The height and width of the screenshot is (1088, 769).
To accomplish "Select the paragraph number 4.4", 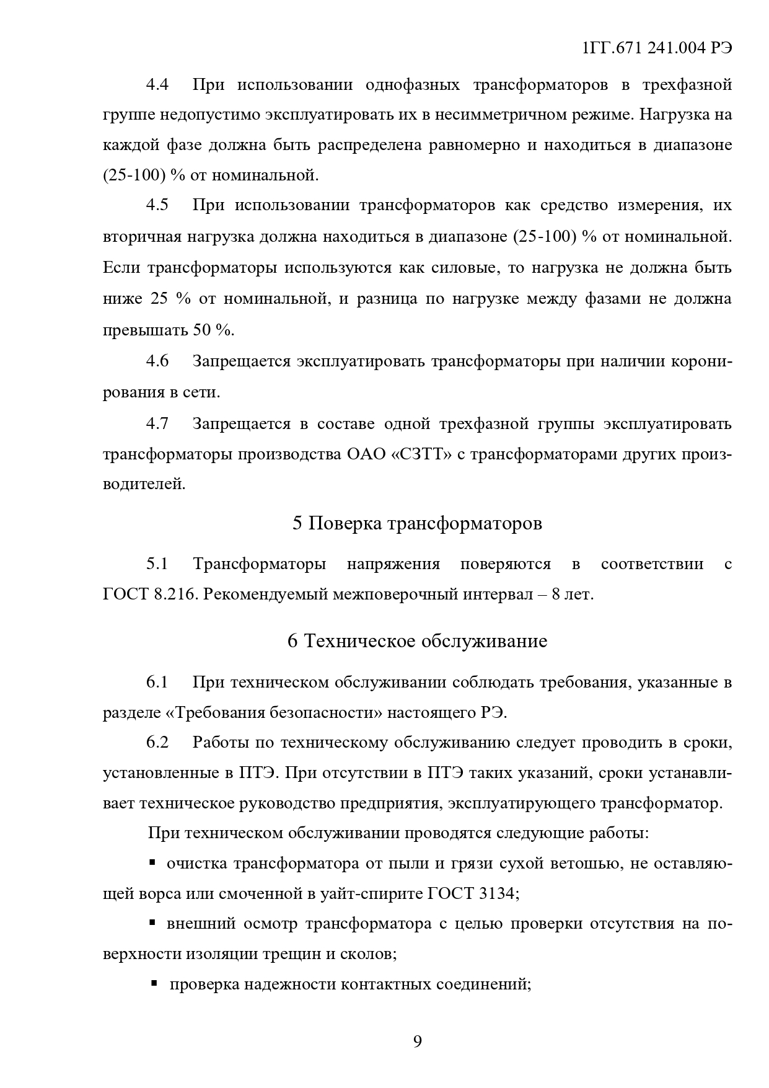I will pyautogui.click(x=157, y=84).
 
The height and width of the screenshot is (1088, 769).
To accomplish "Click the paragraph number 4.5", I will pyautogui.click(x=157, y=205).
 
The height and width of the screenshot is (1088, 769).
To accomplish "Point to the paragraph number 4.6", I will pyautogui.click(x=157, y=361).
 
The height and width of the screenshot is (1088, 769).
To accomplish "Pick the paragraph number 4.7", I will pyautogui.click(x=157, y=423).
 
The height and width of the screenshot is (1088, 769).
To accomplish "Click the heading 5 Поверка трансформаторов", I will pyautogui.click(x=417, y=523).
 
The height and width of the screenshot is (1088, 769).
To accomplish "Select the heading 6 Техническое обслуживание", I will pyautogui.click(x=417, y=640).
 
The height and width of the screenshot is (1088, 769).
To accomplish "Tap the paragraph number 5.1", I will pyautogui.click(x=157, y=564).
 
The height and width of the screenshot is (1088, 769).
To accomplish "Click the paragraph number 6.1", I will pyautogui.click(x=157, y=683).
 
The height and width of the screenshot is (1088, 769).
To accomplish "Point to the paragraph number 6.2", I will pyautogui.click(x=157, y=742).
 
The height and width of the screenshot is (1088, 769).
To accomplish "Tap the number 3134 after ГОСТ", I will pyautogui.click(x=498, y=894).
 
